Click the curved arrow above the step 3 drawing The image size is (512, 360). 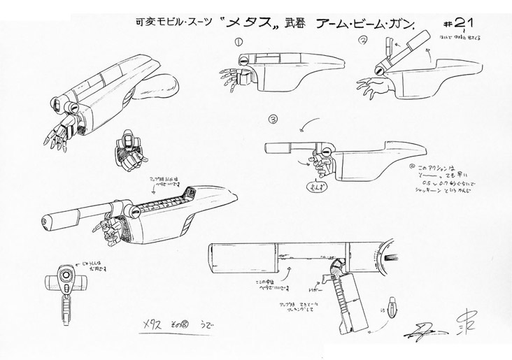(x=303, y=125)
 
